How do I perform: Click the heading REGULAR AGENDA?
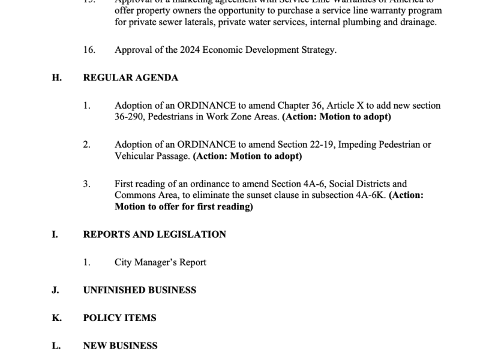pos(130,78)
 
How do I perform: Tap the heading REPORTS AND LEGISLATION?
pos(154,235)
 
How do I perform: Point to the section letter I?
pos(55,235)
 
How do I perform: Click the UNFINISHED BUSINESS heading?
pos(139,290)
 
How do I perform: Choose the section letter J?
pos(55,290)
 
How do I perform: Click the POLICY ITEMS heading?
pos(119,318)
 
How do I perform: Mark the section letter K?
pos(56,318)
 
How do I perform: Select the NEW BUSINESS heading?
pos(120,346)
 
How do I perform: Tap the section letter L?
pos(56,346)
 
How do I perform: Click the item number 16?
pos(89,50)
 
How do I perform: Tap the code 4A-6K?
pos(371,196)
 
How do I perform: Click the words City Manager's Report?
pos(160,262)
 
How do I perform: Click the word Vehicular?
pos(134,156)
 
